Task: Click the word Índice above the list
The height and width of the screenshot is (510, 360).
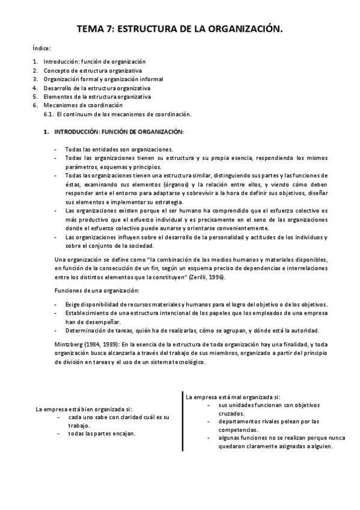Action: [41, 48]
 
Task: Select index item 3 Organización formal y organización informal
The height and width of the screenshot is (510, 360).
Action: [103, 79]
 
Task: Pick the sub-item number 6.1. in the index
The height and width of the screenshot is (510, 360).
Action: [49, 114]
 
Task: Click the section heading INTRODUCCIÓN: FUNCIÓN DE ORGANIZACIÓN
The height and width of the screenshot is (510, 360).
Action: [119, 131]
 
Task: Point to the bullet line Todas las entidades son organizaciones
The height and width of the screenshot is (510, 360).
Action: [119, 149]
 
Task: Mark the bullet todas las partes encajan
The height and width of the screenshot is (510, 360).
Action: [102, 433]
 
